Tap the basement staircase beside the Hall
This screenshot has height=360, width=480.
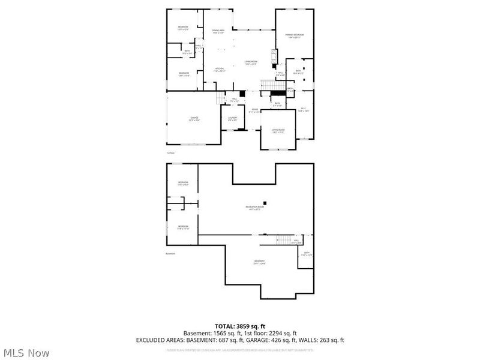[x=284, y=241]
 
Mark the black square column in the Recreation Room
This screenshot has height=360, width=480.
[x=268, y=203]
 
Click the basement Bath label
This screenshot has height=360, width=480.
[x=307, y=254]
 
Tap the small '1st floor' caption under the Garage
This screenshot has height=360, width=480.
[x=171, y=152]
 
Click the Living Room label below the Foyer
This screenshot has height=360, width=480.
[x=278, y=130]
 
